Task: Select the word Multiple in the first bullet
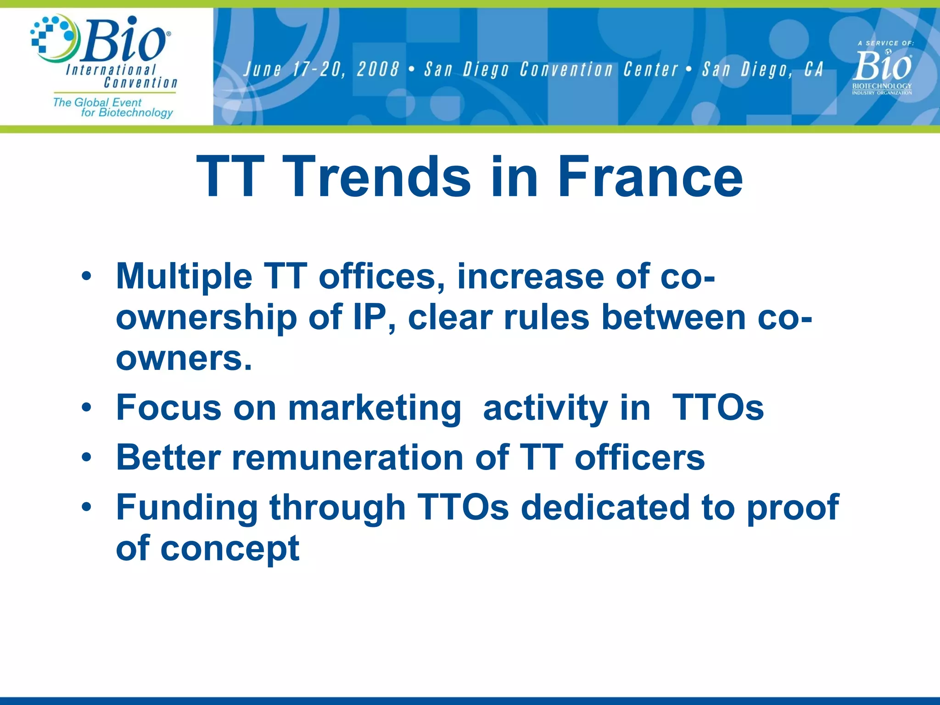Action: pyautogui.click(x=184, y=277)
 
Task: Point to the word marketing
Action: pyautogui.click(x=374, y=408)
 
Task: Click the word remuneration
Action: pyautogui.click(x=347, y=458)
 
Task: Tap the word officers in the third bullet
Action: pyautogui.click(x=639, y=458)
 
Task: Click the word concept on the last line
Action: pyautogui.click(x=229, y=548)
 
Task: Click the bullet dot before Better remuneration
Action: pyautogui.click(x=86, y=458)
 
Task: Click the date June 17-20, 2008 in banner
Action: pyautogui.click(x=321, y=70)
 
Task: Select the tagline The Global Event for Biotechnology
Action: pyautogui.click(x=113, y=107)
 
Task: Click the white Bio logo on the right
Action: pyautogui.click(x=882, y=67)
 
